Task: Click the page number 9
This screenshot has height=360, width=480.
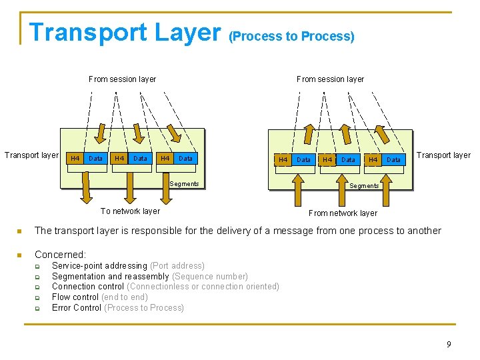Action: pos(449,344)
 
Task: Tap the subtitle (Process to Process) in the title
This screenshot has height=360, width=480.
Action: pos(291,37)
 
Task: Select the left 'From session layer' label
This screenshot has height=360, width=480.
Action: pos(122,79)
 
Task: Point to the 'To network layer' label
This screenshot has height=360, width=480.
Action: pos(130,211)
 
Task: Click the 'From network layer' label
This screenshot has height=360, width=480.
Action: pos(343,213)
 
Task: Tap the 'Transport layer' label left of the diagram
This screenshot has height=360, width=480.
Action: pos(31,155)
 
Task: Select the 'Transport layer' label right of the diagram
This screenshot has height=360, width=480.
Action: pos(443,155)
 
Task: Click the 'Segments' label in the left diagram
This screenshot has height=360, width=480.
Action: pos(184,184)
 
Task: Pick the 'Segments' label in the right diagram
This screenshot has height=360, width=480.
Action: pos(364,186)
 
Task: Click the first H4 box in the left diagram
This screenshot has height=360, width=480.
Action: pos(75,159)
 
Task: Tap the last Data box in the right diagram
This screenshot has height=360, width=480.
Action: pos(394,160)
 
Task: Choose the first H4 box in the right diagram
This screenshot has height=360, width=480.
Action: pos(283,160)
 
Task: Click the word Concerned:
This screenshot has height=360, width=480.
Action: pos(60,255)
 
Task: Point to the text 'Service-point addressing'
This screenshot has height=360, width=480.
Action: pos(99,266)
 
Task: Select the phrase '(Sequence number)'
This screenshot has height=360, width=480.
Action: pos(210,276)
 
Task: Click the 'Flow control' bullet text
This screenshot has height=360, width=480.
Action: pos(75,297)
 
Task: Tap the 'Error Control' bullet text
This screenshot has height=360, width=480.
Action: pos(77,307)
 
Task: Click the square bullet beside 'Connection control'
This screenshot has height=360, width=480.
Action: pos(38,287)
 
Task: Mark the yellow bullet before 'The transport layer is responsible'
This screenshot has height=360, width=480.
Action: pos(20,231)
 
